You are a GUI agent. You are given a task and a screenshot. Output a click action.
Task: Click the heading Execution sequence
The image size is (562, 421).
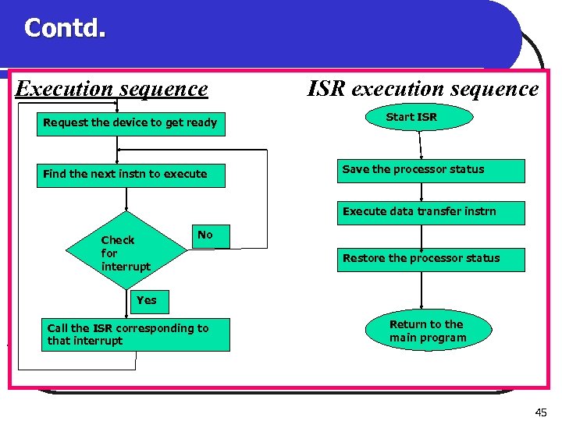[112, 89]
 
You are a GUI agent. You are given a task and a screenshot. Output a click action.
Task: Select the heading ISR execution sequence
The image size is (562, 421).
[422, 89]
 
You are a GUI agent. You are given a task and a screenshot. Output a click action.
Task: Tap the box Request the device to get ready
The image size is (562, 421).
[130, 123]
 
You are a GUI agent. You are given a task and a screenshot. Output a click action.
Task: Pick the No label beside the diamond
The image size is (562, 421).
[205, 235]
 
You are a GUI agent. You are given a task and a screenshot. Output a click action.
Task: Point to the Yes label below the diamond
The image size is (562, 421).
[146, 300]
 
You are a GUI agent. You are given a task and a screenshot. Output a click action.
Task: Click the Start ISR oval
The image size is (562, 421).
[411, 118]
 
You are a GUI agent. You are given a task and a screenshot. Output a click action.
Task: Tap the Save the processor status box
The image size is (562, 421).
[431, 170]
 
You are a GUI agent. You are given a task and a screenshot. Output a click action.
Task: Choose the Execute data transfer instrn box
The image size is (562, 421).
[431, 212]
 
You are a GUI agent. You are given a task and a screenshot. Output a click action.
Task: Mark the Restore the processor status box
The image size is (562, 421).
[431, 259]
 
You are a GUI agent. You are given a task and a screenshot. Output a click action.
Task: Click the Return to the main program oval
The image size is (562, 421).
[427, 331]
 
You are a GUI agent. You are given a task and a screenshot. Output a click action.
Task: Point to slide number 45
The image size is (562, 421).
[540, 412]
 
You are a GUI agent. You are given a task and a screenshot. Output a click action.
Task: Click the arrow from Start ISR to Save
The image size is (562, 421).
[420, 144]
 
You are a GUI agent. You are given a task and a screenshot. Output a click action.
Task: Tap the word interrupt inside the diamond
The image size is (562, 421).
[126, 267]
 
